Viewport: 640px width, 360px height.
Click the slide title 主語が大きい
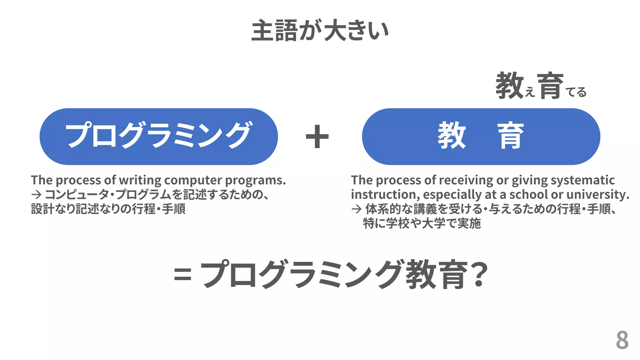coord(320,30)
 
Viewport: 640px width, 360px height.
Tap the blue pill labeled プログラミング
coord(158,137)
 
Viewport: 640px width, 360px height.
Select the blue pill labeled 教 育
coord(481,137)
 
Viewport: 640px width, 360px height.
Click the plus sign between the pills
coord(317,137)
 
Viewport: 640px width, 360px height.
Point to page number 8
coord(622,340)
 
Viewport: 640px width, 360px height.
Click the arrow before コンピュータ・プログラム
coord(36,195)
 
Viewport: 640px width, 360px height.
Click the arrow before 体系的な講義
coord(356,209)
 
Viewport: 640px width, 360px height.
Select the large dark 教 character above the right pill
coord(509,85)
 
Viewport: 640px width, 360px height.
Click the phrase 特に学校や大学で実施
coord(422,223)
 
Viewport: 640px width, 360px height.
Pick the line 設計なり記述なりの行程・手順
coord(108,209)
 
